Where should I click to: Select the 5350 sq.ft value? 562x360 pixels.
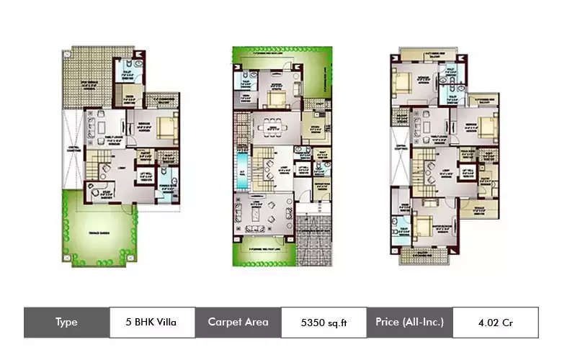click(x=323, y=323)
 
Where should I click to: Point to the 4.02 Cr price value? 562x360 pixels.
click(x=494, y=323)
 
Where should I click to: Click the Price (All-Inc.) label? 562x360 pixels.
click(x=409, y=323)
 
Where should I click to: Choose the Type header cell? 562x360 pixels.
click(x=66, y=323)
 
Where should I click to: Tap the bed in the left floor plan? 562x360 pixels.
click(x=166, y=127)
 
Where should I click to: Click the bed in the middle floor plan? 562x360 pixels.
click(x=275, y=97)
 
